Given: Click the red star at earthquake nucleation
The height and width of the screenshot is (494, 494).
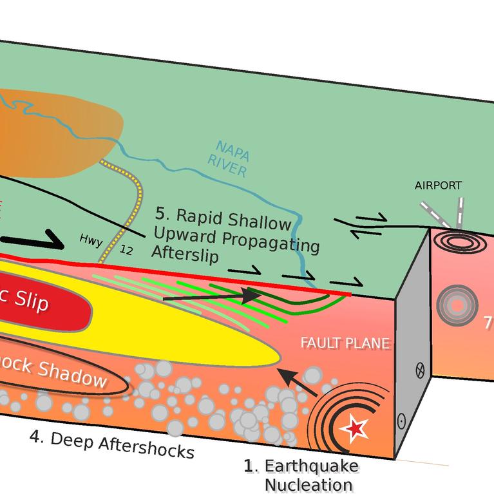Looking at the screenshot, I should [355, 428].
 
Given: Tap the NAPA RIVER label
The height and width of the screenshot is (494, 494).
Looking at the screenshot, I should [229, 158].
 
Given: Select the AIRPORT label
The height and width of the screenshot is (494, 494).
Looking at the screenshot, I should [438, 185].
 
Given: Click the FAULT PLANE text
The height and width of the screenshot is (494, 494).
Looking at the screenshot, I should [345, 343].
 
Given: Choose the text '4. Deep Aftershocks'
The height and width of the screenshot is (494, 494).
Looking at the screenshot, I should [111, 444].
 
